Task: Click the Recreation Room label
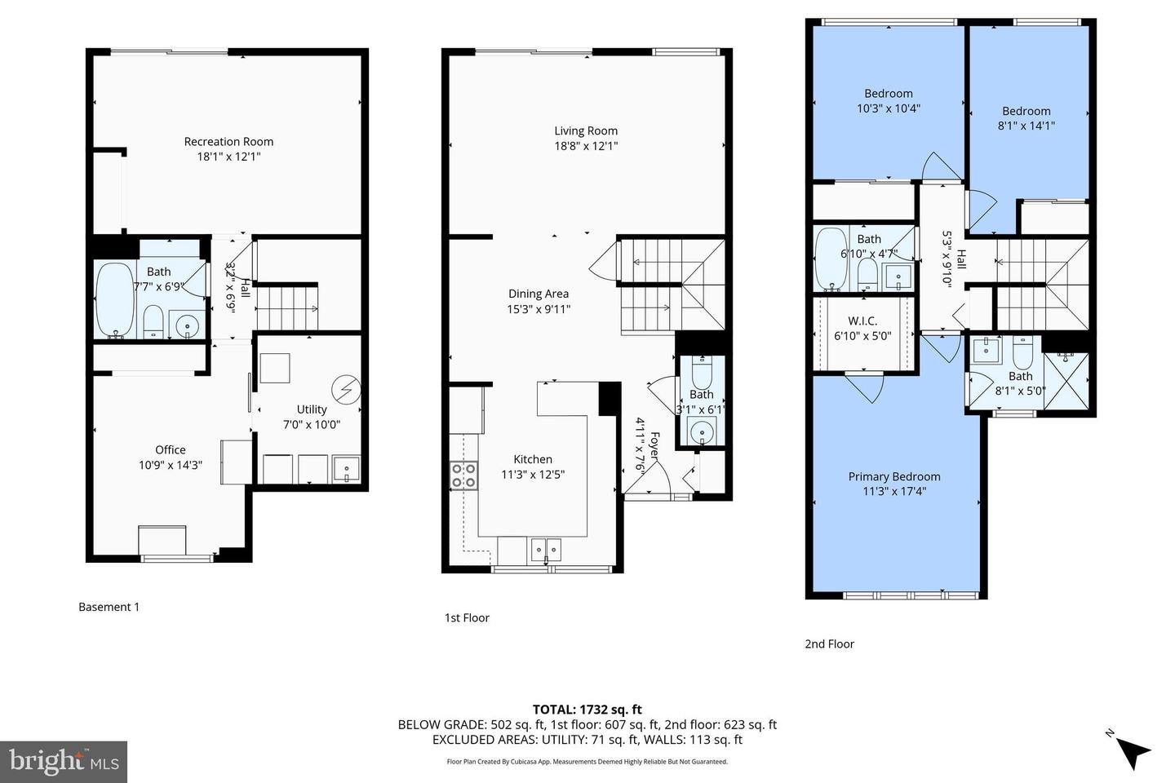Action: point(228,141)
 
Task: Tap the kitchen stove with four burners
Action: point(463,475)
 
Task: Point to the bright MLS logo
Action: point(64,762)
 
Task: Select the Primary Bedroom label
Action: point(894,476)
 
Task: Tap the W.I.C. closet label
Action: point(862,321)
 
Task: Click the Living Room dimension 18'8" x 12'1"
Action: point(586,146)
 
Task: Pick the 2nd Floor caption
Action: point(829,644)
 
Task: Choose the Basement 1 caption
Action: point(109,607)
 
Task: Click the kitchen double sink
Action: point(546,550)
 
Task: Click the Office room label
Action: point(171,449)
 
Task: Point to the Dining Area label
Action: point(539,294)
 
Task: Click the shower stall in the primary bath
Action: point(1066,382)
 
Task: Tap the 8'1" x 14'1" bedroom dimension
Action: point(1026,126)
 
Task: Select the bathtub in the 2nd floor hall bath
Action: point(831,259)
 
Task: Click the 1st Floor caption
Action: point(467,617)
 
